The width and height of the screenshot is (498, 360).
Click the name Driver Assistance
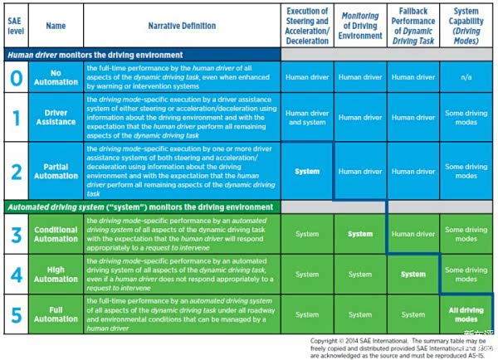coord(55,118)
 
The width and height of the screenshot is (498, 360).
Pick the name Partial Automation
coord(55,171)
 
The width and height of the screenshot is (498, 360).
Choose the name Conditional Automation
coord(56,234)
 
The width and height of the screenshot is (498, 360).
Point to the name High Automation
coord(56,274)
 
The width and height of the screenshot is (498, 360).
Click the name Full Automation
coord(56,314)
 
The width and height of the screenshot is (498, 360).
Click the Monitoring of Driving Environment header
coord(360,26)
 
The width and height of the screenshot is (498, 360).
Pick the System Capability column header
coord(466,26)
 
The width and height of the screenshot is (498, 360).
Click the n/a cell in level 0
coord(466,77)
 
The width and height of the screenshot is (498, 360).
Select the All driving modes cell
coord(466,314)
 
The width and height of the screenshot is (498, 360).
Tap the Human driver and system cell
coord(306,118)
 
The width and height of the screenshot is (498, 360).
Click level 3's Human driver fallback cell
coord(413,234)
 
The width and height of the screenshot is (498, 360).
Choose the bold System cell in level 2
coord(306,171)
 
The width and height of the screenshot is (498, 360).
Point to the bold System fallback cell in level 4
coord(413,274)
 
